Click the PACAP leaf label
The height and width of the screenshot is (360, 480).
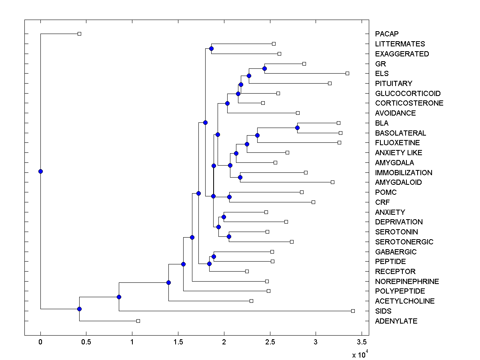tap(387, 34)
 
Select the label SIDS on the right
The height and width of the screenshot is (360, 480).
tap(383, 311)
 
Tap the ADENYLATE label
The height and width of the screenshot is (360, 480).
tap(396, 321)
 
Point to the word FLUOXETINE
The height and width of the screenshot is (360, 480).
tap(397, 143)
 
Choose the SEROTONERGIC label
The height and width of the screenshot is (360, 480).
tap(404, 242)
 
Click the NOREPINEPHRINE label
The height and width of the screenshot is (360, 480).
tap(407, 282)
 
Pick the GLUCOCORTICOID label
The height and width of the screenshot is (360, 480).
tap(408, 94)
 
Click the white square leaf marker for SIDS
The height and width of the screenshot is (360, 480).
tap(353, 311)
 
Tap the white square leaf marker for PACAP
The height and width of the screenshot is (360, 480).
tap(79, 34)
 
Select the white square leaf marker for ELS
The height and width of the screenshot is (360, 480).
tap(347, 73)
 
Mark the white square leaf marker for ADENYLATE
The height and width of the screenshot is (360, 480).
tap(138, 321)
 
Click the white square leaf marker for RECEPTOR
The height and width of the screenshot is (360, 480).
tap(247, 271)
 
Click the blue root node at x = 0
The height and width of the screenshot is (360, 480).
tap(40, 171)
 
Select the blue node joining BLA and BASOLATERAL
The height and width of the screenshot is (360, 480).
tap(297, 128)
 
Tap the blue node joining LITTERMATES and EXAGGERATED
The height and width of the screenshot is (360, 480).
tap(211, 48)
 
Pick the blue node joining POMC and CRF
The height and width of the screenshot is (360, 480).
tap(229, 197)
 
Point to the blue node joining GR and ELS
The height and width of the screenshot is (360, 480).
tap(264, 68)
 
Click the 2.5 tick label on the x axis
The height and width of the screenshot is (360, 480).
tap(270, 342)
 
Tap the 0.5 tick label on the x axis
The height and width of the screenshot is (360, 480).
tap(86, 342)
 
